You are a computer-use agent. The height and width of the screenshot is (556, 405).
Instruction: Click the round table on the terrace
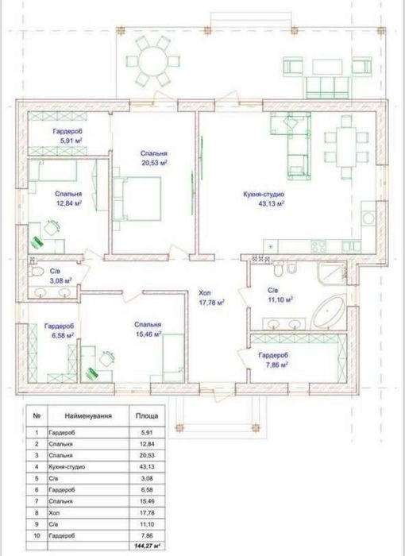[x=152, y=61]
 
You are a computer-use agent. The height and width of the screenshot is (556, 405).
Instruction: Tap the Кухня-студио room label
[x=264, y=195]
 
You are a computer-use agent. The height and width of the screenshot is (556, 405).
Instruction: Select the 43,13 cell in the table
[x=147, y=467]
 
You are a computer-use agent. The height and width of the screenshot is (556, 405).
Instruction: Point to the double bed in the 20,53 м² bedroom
[x=137, y=199]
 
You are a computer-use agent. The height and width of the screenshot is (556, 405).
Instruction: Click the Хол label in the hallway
[x=205, y=293]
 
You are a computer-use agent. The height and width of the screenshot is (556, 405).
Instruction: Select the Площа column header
[x=147, y=416]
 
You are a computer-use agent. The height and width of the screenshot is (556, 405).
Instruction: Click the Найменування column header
[x=88, y=416]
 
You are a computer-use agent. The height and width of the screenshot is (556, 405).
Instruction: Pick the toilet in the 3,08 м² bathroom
[x=37, y=272]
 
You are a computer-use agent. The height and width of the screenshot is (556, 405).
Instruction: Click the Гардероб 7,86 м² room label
[x=273, y=360]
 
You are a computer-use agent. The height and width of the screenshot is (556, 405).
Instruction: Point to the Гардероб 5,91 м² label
[x=68, y=136]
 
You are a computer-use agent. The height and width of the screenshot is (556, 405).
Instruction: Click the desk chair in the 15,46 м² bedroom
[x=107, y=358]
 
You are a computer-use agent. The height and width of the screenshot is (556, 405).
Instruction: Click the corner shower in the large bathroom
[x=332, y=273]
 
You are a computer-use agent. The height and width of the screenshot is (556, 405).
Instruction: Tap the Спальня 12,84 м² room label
[x=68, y=199]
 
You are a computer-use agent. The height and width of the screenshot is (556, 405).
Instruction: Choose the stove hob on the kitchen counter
[x=318, y=245]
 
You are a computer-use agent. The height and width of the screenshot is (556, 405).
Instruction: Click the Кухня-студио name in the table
[x=67, y=467]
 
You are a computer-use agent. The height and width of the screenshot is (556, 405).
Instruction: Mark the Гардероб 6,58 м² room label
[x=59, y=330]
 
